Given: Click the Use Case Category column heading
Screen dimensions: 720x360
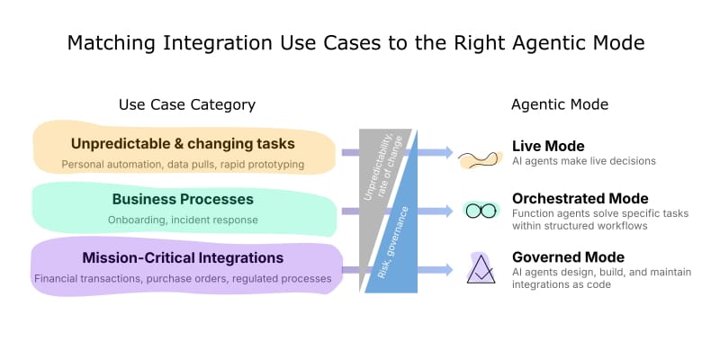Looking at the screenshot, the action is [x=187, y=105].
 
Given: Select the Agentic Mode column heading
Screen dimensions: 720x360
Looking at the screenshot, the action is [x=560, y=104].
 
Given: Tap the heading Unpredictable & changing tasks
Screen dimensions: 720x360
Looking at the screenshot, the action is [x=183, y=144].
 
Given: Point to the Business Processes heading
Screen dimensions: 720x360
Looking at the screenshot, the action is [x=183, y=199].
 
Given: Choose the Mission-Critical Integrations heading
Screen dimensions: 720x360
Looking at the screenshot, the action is [x=183, y=258].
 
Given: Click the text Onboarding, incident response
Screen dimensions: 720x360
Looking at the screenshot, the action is [x=183, y=220].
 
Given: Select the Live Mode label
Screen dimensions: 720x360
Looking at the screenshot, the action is [x=548, y=147].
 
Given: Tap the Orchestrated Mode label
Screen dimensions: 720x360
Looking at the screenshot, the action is [x=580, y=199].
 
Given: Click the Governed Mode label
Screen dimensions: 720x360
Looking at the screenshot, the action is [x=569, y=256].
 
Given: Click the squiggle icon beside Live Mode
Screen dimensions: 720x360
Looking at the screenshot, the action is [x=478, y=159].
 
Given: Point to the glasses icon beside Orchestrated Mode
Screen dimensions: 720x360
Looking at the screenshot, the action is [x=481, y=211].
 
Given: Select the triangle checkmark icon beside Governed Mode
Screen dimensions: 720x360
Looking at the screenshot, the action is [x=481, y=269].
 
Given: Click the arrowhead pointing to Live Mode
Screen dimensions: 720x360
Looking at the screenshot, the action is [x=447, y=152].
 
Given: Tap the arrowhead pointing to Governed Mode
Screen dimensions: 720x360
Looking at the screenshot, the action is [x=447, y=270].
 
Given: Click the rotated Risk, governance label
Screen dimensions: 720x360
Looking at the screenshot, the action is [x=393, y=242].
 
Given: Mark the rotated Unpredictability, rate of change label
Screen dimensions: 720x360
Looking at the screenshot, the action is [x=382, y=167].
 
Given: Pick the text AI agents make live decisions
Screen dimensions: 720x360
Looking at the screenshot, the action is [x=584, y=161].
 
